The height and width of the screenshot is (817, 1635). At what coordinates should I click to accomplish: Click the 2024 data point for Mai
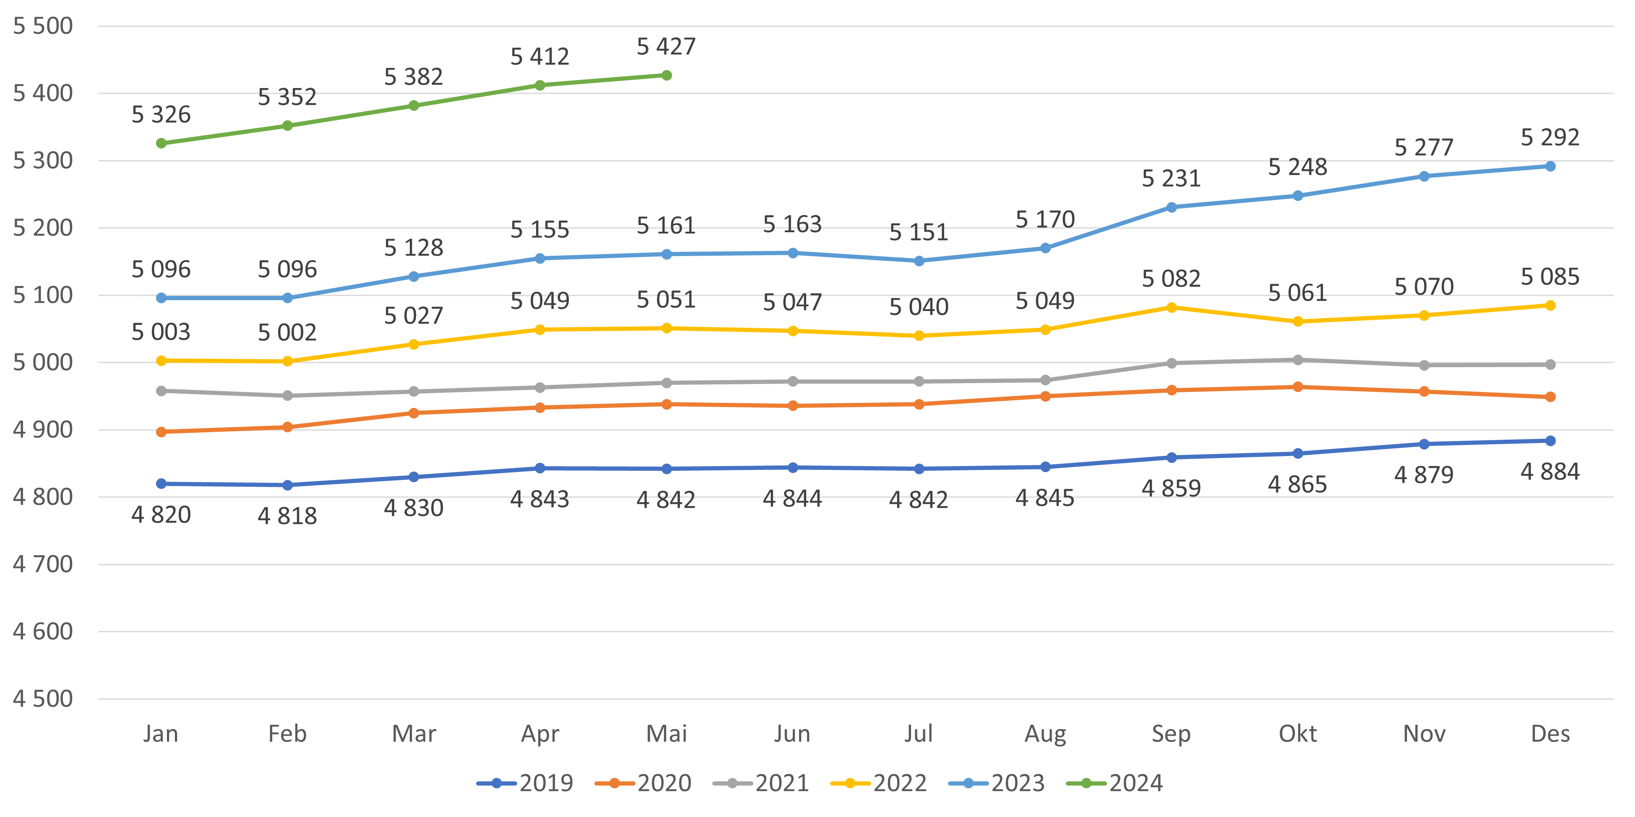pyautogui.click(x=666, y=75)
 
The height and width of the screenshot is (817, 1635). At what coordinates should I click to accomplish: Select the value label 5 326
pyautogui.click(x=161, y=115)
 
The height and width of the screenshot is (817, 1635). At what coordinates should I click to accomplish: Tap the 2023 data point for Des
pyautogui.click(x=1550, y=166)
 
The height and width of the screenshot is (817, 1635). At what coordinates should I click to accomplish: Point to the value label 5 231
pyautogui.click(x=1171, y=179)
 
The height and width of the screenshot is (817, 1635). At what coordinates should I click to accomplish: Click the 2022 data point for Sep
pyautogui.click(x=1172, y=308)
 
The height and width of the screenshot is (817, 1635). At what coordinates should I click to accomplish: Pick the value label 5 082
pyautogui.click(x=1171, y=279)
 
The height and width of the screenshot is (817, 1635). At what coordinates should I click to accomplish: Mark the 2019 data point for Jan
pyautogui.click(x=161, y=484)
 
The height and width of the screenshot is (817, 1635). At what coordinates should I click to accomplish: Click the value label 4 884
pyautogui.click(x=1550, y=472)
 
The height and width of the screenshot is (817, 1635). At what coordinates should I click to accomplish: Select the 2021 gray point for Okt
pyautogui.click(x=1298, y=360)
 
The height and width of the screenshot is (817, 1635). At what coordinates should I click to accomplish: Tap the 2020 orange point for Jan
pyautogui.click(x=161, y=432)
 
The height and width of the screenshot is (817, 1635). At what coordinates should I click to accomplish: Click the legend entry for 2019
pyautogui.click(x=526, y=783)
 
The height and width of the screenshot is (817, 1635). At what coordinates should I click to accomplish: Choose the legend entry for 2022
pyautogui.click(x=879, y=783)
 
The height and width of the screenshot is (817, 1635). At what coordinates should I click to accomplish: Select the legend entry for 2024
pyautogui.click(x=1115, y=783)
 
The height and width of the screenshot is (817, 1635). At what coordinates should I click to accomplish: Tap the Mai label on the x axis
pyautogui.click(x=666, y=734)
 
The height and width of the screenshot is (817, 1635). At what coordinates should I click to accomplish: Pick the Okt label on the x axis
pyautogui.click(x=1298, y=734)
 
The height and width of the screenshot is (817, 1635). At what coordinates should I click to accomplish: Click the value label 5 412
pyautogui.click(x=540, y=57)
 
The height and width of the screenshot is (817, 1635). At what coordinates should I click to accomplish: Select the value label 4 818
pyautogui.click(x=287, y=516)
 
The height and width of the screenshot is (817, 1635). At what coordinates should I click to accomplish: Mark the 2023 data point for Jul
pyautogui.click(x=919, y=261)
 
